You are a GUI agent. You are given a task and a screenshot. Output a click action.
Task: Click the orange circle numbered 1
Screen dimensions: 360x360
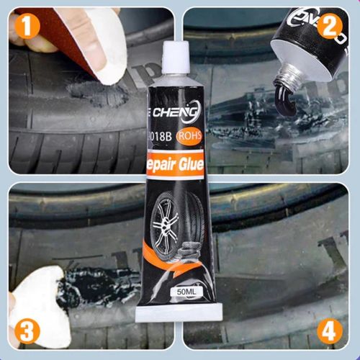(27, 27)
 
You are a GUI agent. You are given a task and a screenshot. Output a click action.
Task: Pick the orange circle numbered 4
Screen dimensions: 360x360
(329, 332)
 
